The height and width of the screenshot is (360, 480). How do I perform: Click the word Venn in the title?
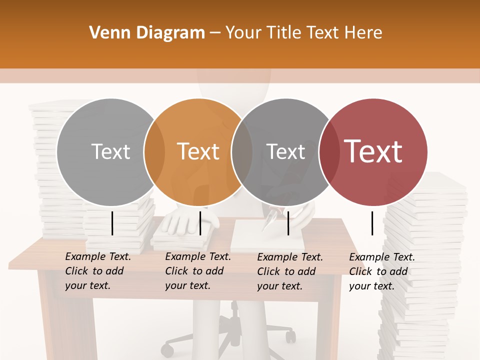pyautogui.click(x=106, y=33)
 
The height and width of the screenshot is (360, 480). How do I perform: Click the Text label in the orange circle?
pyautogui.click(x=198, y=151)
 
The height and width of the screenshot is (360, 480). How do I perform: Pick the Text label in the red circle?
pyautogui.click(x=373, y=151)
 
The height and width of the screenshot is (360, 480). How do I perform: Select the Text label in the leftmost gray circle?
pyautogui.click(x=111, y=151)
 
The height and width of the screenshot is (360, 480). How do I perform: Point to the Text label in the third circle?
pyautogui.click(x=286, y=151)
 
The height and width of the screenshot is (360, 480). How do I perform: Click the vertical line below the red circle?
pyautogui.click(x=372, y=223)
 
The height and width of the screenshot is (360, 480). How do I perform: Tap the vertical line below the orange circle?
pyautogui.click(x=200, y=223)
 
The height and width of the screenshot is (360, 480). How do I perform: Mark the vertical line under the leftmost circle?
pyautogui.click(x=112, y=223)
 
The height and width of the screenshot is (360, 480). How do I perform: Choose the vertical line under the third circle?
pyautogui.click(x=288, y=223)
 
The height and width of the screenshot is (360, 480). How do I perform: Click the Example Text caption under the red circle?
pyautogui.click(x=381, y=271)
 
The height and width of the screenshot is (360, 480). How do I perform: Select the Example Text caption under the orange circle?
pyautogui.click(x=197, y=271)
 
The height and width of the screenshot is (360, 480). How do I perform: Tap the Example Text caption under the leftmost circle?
pyautogui.click(x=97, y=271)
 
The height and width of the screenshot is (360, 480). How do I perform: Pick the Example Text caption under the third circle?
pyautogui.click(x=289, y=271)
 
